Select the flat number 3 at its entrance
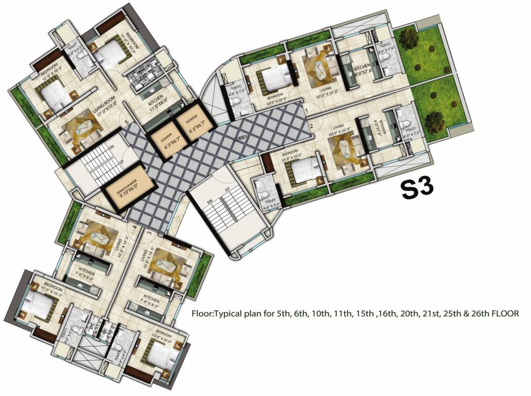(150, 233)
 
